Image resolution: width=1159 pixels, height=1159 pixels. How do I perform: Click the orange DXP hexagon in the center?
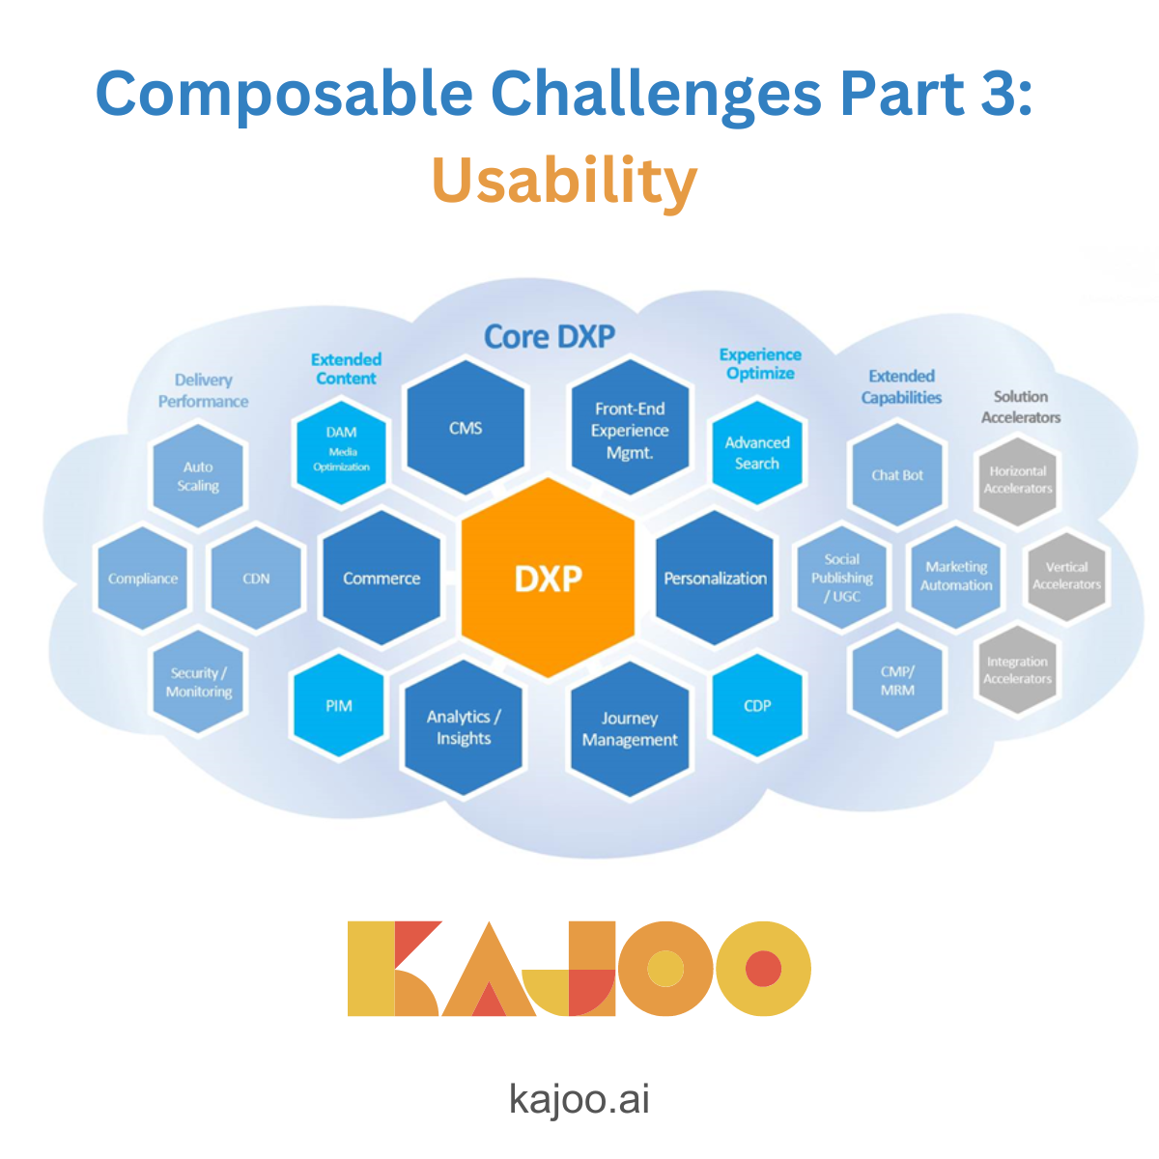[548, 578]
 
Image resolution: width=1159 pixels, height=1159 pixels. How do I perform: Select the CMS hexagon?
[466, 428]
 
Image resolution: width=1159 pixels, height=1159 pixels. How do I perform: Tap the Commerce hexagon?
[382, 578]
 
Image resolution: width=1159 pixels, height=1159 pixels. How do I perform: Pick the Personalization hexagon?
[715, 578]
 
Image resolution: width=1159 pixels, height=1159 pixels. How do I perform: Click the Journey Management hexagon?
[630, 729]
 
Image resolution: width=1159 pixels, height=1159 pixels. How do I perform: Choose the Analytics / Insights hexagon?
[464, 727]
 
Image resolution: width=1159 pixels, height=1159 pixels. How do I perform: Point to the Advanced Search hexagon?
[757, 453]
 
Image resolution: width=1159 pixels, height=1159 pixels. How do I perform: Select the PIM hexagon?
[339, 706]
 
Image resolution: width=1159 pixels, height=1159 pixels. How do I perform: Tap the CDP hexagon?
[757, 706]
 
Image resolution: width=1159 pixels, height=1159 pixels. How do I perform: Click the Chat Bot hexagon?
[897, 475]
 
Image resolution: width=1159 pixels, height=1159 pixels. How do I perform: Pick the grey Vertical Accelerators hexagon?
[1066, 576]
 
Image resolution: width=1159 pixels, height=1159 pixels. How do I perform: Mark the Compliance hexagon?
[143, 579]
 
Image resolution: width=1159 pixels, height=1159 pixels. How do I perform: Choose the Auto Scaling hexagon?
[198, 476]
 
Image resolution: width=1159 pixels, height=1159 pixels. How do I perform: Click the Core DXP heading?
[549, 337]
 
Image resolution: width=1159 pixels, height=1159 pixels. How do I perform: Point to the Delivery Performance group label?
[203, 391]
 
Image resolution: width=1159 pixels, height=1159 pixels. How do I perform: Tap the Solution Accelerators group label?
[1021, 407]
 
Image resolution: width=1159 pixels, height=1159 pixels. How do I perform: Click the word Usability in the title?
[564, 182]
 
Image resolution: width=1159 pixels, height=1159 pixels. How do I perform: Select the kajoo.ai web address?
[579, 1099]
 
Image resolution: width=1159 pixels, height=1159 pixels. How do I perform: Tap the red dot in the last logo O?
[763, 969]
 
